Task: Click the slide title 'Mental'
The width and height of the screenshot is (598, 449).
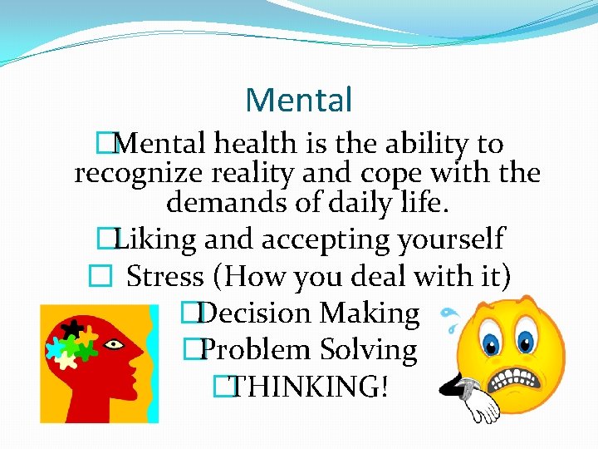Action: [x=299, y=101]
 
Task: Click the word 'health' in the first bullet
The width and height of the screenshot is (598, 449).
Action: [x=252, y=144]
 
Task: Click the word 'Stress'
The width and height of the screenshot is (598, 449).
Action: [x=165, y=276]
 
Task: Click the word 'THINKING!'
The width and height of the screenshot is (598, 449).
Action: [x=308, y=386]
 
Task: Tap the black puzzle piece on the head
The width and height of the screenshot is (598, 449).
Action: [x=75, y=328]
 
